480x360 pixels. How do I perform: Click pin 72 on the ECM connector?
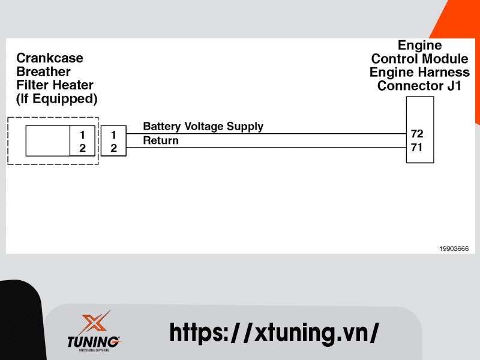(417, 133)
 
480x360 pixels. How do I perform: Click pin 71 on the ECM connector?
(417, 147)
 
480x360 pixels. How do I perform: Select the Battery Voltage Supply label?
(203, 127)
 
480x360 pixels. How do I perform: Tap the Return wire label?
(161, 141)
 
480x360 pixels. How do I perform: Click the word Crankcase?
(50, 58)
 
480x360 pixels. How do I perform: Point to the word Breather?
(43, 72)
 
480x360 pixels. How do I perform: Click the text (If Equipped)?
(56, 98)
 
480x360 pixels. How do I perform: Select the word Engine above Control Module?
(420, 46)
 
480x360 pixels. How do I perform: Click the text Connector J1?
(419, 86)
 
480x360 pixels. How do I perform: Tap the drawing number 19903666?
(454, 248)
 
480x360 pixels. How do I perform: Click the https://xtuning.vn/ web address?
(274, 332)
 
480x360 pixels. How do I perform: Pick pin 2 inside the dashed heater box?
(82, 148)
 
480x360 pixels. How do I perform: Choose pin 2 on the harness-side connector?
(113, 148)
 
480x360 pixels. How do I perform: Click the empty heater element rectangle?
(47, 141)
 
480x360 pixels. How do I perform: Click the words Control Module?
(419, 59)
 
